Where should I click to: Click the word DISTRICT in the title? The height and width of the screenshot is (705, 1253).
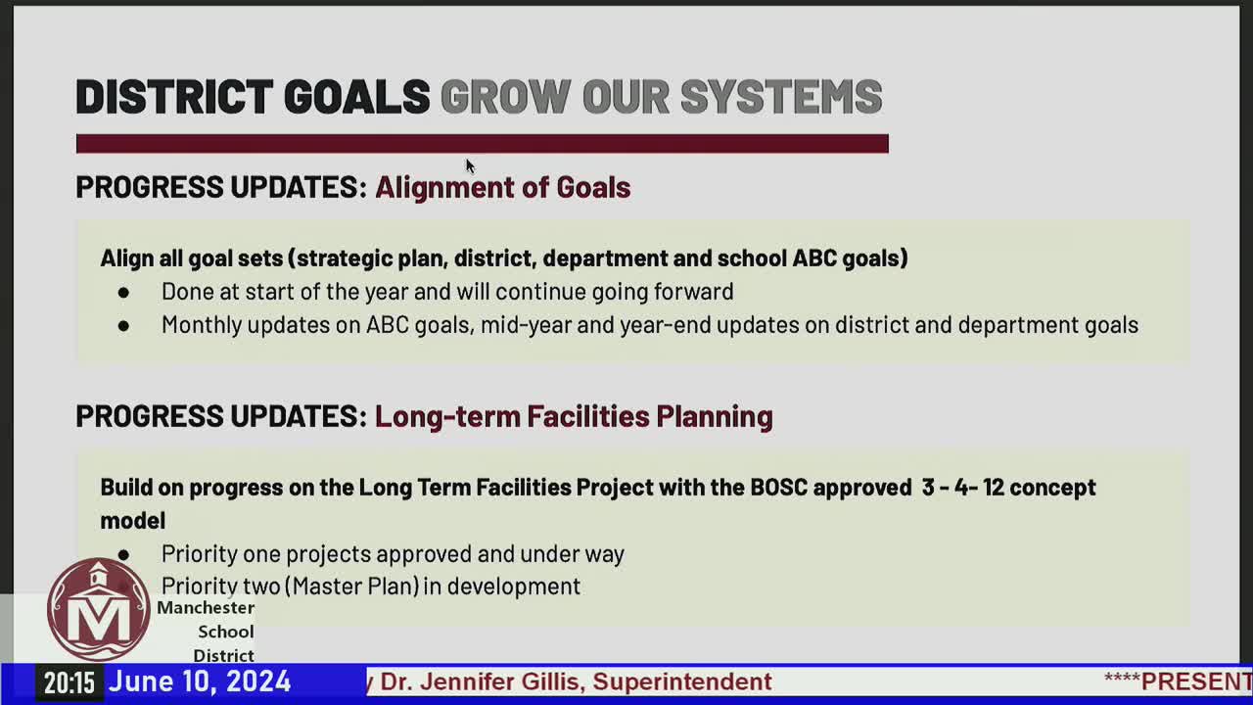174,97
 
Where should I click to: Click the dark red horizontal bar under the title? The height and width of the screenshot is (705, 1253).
482,144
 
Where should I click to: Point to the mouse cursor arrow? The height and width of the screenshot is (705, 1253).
470,166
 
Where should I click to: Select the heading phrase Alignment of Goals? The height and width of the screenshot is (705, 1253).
502,187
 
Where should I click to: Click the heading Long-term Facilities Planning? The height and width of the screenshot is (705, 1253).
574,416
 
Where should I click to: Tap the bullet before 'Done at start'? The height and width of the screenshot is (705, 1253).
123,292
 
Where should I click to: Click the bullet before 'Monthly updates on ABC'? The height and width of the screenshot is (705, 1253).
123,325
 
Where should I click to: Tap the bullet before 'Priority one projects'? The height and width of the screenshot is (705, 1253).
123,554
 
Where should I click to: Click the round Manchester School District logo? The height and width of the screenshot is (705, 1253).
98,610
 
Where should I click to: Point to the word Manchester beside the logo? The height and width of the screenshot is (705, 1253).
206,608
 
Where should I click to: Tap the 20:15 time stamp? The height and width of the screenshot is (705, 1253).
69,682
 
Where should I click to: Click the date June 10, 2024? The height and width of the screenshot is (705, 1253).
199,681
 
